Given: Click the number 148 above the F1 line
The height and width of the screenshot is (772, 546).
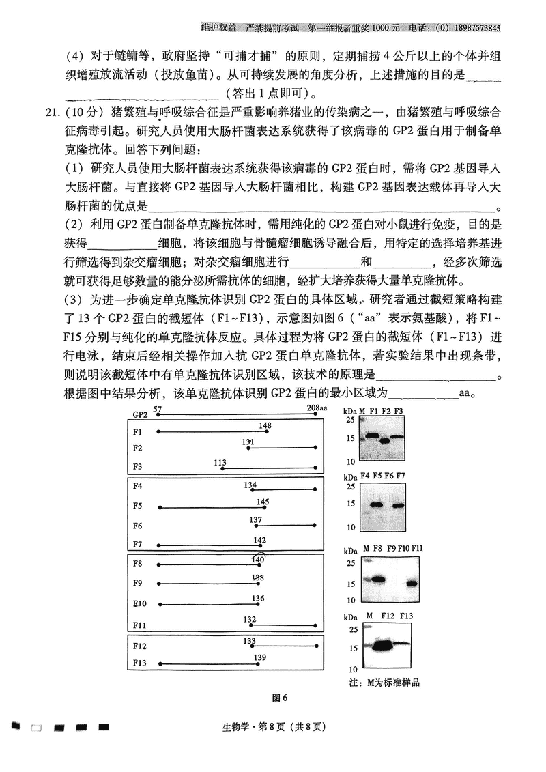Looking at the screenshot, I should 265,425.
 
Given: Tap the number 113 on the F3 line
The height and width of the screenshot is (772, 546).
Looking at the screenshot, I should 220,463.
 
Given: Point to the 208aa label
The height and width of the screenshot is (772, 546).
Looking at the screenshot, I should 317,408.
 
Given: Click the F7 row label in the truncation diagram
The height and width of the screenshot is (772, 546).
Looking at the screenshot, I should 138,545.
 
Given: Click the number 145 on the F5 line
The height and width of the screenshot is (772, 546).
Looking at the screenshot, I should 263,502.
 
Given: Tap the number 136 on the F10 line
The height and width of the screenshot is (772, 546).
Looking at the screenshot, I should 257,598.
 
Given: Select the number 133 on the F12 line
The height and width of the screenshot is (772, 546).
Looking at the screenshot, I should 249,641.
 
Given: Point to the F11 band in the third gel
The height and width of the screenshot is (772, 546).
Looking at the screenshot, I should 412,583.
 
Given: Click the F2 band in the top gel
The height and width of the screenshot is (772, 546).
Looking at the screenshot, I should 386,440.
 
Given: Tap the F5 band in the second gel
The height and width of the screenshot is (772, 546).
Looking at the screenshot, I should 375,505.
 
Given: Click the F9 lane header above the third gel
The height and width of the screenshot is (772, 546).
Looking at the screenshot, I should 391,549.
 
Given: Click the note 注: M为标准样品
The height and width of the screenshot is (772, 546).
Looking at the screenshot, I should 384,682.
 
